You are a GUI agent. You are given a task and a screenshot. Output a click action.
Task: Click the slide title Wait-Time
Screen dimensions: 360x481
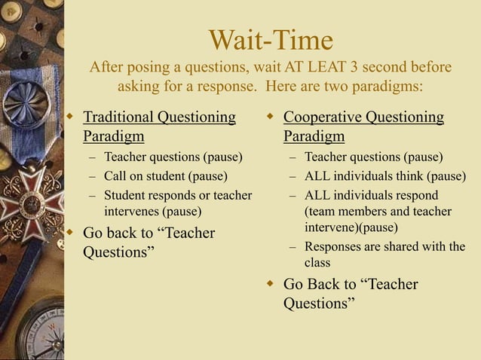[x=270, y=40]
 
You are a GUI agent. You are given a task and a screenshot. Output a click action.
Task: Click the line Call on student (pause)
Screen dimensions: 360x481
[x=165, y=176]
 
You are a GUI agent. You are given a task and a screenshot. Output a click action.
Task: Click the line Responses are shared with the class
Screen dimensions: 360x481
[x=384, y=255]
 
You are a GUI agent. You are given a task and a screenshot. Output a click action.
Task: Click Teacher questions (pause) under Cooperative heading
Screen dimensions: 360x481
[x=373, y=157]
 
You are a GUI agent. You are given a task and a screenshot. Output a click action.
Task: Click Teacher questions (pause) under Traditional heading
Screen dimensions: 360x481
[x=173, y=157]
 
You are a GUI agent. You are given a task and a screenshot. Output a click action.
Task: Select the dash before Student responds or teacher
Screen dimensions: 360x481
[x=91, y=196]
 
